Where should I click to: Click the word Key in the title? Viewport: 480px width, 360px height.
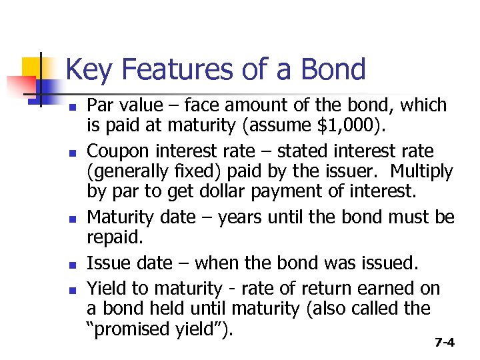point(89,70)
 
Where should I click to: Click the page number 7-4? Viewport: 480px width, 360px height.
point(444,343)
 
